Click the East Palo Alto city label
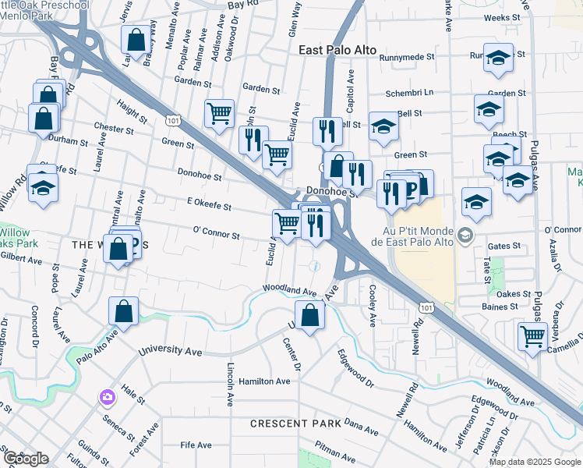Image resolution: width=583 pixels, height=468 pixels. pyautogui.click(x=337, y=50)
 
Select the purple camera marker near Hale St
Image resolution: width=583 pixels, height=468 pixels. pyautogui.click(x=107, y=398)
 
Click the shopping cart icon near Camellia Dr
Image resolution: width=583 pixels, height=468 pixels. pyautogui.click(x=532, y=337)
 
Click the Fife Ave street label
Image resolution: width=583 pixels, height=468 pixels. pyautogui.click(x=196, y=445)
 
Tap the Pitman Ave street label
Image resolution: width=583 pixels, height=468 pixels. pyautogui.click(x=334, y=448)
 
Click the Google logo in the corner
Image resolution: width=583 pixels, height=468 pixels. pyautogui.click(x=26, y=459)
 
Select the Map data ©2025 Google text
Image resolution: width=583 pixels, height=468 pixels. pyautogui.click(x=535, y=462)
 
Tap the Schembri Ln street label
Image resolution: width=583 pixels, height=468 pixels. pyautogui.click(x=410, y=94)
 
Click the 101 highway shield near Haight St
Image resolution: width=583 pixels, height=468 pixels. pyautogui.click(x=172, y=121)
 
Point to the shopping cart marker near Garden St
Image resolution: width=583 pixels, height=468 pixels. pyautogui.click(x=219, y=113)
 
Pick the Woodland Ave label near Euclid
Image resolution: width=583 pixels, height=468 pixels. pyautogui.click(x=288, y=291)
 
